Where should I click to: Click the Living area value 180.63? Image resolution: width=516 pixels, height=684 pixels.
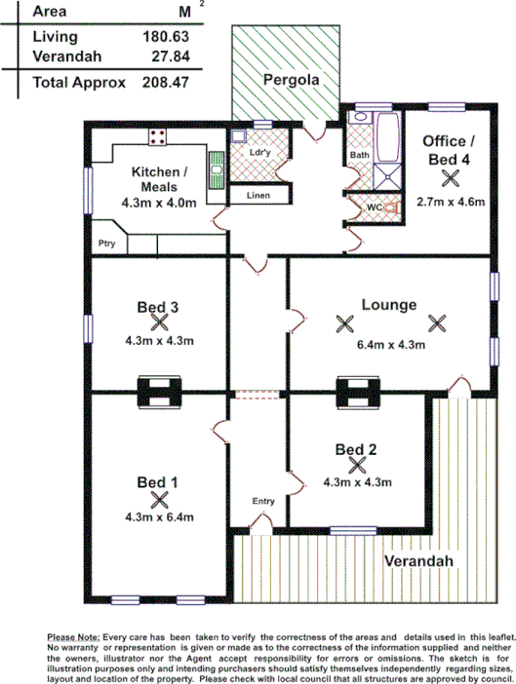(164, 36)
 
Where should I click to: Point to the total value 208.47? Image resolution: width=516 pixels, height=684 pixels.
(164, 83)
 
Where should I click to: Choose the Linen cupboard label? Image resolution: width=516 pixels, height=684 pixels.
(258, 196)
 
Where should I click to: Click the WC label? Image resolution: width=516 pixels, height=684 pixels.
(373, 207)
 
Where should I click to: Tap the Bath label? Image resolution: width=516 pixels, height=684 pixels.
(359, 155)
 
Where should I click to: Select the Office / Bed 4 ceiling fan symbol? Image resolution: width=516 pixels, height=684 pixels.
(450, 177)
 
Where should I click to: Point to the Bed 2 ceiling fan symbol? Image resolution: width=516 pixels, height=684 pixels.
(356, 466)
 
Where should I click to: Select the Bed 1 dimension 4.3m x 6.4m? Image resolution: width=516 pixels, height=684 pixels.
(161, 517)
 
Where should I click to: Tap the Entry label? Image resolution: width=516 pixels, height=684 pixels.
(263, 501)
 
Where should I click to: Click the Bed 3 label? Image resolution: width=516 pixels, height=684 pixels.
(157, 308)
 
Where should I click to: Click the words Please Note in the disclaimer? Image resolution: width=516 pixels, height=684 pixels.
(73, 636)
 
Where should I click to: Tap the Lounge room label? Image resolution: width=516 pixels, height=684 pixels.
(388, 304)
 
